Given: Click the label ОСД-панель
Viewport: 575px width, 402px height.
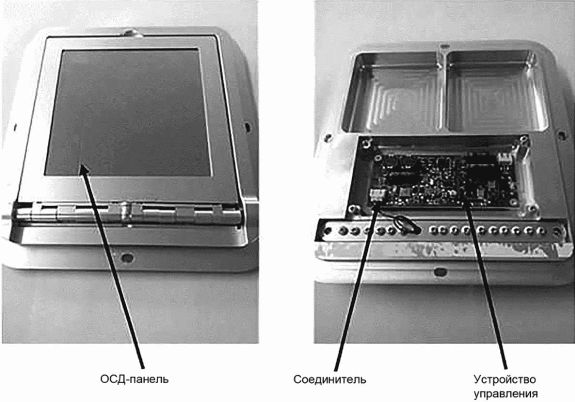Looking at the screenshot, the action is pyautogui.click(x=135, y=379).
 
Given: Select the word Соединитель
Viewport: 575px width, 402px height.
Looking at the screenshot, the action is pyautogui.click(x=329, y=379).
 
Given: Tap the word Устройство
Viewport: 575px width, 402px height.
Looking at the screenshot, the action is pyautogui.click(x=505, y=379).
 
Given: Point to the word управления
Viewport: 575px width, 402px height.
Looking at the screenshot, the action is pyautogui.click(x=506, y=394).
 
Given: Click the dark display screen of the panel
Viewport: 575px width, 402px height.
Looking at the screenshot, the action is pyautogui.click(x=128, y=112).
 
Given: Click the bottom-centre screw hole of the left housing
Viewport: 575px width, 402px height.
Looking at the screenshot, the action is pyautogui.click(x=127, y=256).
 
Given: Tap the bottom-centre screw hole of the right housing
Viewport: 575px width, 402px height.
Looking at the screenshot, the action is pyautogui.click(x=438, y=272).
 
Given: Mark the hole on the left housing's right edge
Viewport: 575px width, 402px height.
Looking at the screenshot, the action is pyautogui.click(x=247, y=127).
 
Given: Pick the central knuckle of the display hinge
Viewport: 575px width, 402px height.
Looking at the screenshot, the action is pyautogui.click(x=123, y=211).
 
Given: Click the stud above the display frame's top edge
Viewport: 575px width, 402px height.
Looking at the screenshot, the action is pyautogui.click(x=132, y=32).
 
